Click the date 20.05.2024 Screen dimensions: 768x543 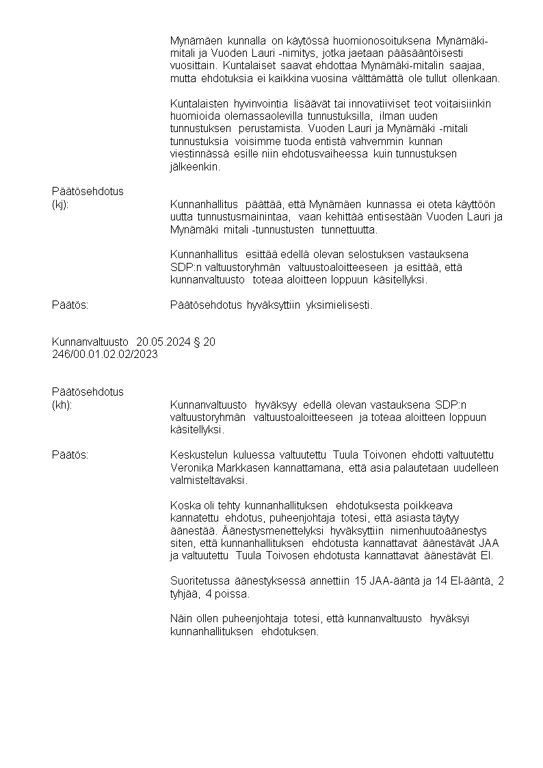[x=161, y=341]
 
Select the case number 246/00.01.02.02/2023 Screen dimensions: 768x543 [x=105, y=353]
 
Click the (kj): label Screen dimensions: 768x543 [x=60, y=204]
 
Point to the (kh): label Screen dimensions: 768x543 [x=62, y=405]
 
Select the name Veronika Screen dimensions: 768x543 [x=191, y=468]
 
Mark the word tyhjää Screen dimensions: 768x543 [x=185, y=593]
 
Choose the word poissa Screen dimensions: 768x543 [x=235, y=593]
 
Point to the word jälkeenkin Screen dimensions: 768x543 [x=195, y=166]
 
